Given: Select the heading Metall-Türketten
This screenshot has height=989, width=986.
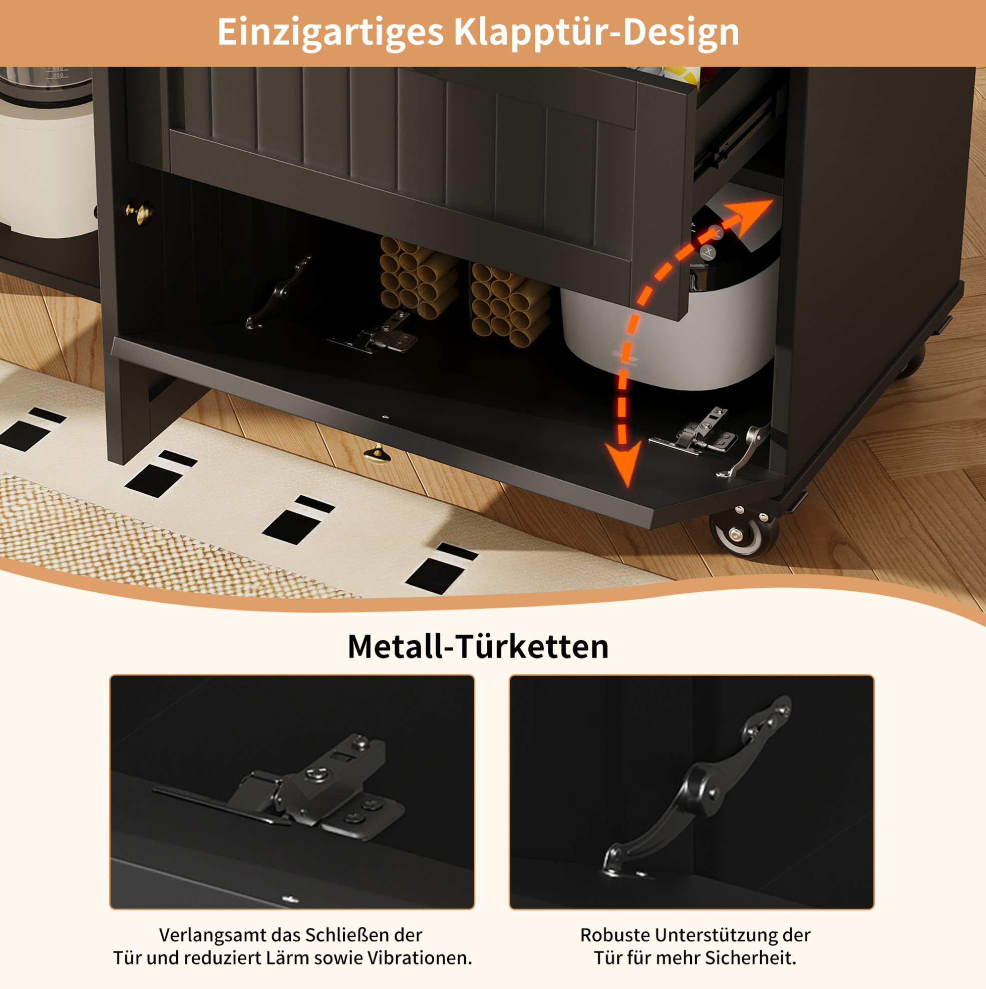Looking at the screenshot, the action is [x=478, y=646].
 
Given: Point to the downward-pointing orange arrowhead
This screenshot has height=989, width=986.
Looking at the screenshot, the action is [x=623, y=464].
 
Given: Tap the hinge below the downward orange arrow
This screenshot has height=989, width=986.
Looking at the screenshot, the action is [x=694, y=432].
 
